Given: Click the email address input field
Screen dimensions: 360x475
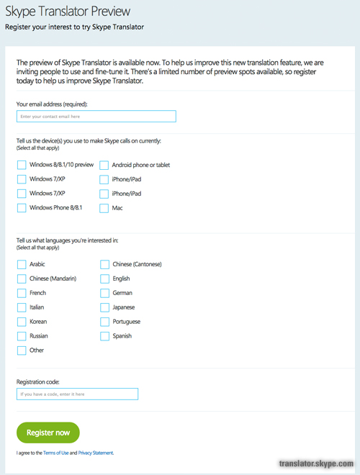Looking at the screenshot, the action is pos(96,117).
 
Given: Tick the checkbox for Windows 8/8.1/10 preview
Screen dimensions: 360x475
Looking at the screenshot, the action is pos(22,165).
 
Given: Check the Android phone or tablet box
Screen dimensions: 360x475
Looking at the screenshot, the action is pos(104,165).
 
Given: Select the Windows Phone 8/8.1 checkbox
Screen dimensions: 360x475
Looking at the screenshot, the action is pos(22,208).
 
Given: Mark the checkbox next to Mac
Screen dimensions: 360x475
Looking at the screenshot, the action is pos(104,208).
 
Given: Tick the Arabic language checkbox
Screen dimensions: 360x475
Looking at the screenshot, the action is pos(22,264).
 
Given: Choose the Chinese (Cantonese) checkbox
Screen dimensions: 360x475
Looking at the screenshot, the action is pos(104,264).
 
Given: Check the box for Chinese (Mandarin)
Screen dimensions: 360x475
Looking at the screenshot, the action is pos(22,279).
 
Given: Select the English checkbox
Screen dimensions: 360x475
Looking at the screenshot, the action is pos(104,279).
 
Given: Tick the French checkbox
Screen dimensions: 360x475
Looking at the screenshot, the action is pos(22,293).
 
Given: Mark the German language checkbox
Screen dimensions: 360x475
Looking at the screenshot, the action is pos(104,293).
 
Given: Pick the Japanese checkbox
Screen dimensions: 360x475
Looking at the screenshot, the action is pos(104,307).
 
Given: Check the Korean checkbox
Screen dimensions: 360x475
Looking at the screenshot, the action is pos(22,322).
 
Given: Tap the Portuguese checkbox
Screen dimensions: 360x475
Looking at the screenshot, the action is pos(104,322).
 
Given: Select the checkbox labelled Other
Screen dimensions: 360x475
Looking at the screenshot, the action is pos(22,350).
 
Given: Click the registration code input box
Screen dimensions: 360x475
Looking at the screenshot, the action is pos(77,394).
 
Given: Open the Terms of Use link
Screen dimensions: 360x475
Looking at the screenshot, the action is pos(55,453).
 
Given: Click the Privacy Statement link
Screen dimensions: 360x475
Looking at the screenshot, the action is pos(96,453).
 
